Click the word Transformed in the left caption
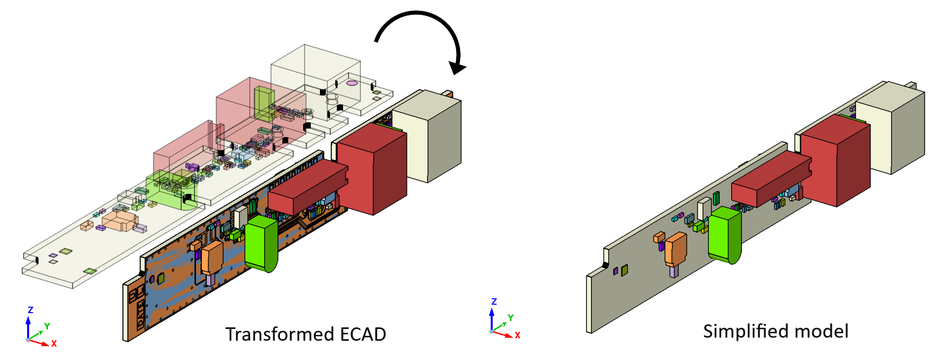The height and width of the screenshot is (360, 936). click(x=280, y=334)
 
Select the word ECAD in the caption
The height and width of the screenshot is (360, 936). click(x=363, y=334)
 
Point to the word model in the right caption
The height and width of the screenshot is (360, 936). click(x=824, y=331)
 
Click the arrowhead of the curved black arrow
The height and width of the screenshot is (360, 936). click(x=457, y=67)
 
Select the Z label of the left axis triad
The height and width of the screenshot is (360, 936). click(x=30, y=310)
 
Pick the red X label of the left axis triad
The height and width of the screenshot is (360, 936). click(x=54, y=343)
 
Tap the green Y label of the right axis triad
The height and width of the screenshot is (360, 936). click(x=510, y=318)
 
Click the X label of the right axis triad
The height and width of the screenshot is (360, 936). click(x=517, y=335)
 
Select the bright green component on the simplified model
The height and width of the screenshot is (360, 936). click(x=724, y=235)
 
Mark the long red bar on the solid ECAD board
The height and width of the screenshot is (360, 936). click(x=306, y=188)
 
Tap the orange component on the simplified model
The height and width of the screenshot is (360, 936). click(x=675, y=249)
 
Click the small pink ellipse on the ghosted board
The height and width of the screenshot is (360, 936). click(x=351, y=83)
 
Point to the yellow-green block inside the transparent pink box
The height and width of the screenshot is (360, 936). click(x=263, y=104)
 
